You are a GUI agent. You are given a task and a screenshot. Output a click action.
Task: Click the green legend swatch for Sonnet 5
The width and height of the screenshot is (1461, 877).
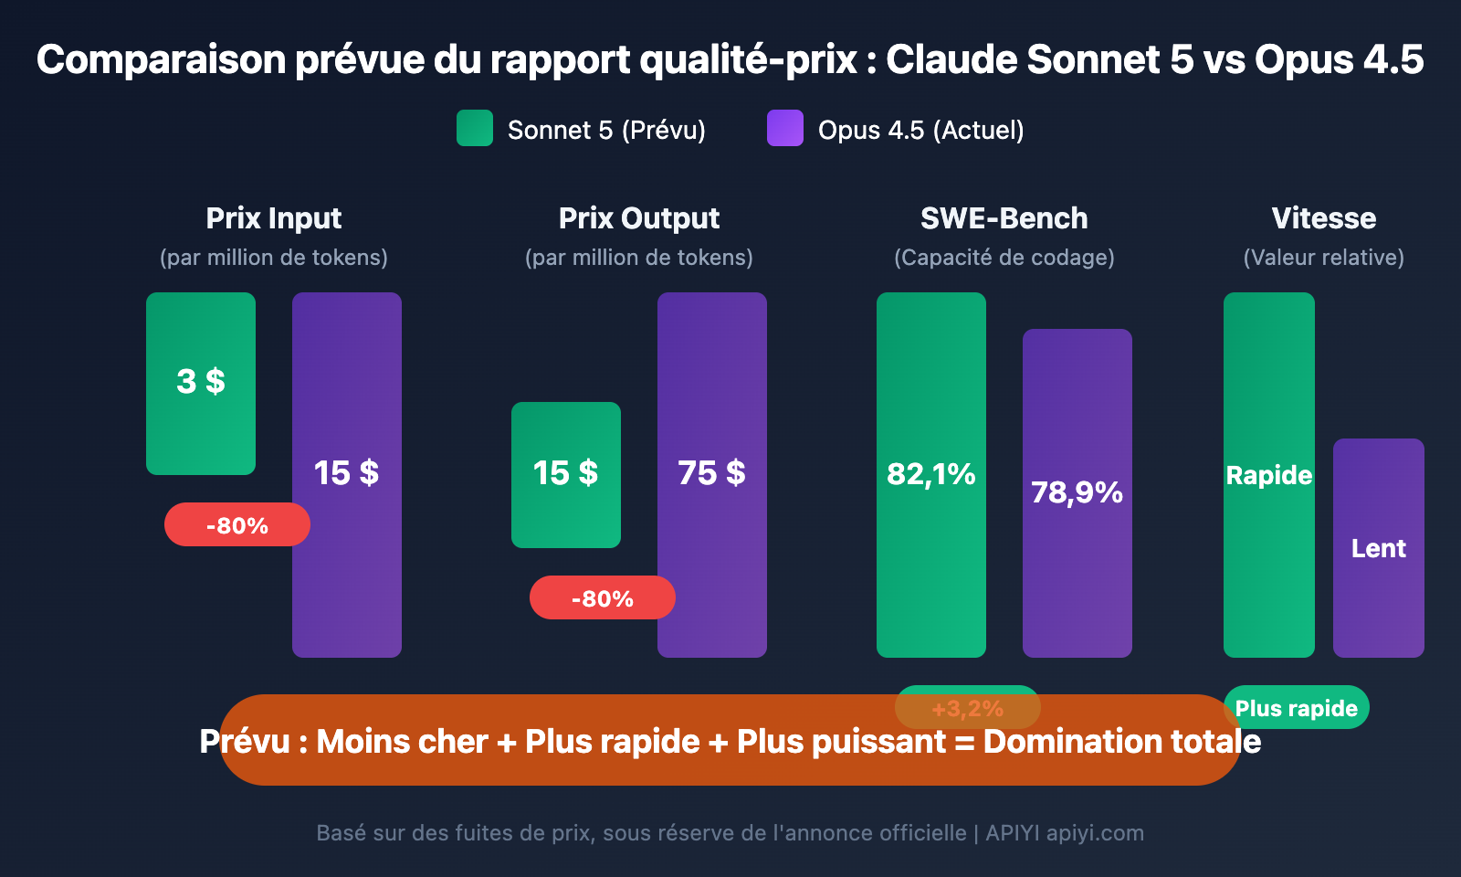pos(475,128)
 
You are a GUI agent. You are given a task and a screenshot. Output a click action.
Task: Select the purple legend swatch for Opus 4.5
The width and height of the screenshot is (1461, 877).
pos(785,128)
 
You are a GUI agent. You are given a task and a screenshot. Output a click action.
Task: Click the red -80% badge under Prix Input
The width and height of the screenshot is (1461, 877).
pos(237,525)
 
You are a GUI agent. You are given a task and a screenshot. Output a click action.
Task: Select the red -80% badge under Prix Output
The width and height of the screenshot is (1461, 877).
pos(603,598)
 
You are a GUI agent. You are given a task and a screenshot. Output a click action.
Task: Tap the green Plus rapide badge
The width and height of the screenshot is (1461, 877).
pos(1297,708)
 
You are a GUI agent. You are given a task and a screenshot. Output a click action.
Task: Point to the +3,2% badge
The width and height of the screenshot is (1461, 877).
pos(968,708)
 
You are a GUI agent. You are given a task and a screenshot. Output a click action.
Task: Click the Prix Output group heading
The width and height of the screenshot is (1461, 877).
pos(639,218)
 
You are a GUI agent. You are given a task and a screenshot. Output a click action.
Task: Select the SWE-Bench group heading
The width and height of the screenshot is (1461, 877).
pos(1004,218)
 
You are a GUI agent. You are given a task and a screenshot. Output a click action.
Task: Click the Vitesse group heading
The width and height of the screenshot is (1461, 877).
pos(1324,218)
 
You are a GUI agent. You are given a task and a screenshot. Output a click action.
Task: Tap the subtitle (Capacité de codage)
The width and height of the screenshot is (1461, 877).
pos(1004,258)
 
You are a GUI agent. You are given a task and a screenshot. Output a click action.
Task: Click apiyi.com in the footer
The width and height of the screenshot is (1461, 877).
pos(1095,833)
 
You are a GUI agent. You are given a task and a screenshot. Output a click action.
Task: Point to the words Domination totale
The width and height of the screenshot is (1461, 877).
pos(1122,742)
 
